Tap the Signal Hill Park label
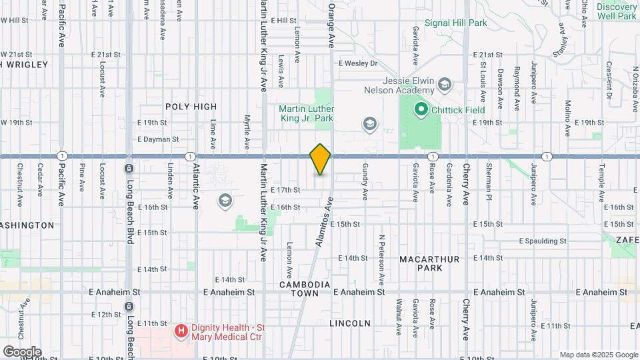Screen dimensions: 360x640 click(x=460, y=23)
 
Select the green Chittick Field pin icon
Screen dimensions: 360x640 click(x=421, y=109)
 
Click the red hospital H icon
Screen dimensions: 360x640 click(x=180, y=331)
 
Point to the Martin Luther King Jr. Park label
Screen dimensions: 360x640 click(x=306, y=113)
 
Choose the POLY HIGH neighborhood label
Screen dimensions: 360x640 click(x=191, y=107)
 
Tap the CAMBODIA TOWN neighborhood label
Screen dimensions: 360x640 click(x=305, y=289)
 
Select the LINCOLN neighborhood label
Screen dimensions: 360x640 click(x=350, y=323)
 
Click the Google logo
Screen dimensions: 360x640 click(x=22, y=351)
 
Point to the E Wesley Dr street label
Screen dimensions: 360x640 click(x=358, y=63)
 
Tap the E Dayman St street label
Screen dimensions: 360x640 click(x=158, y=139)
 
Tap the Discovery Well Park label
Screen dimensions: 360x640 click(x=617, y=11)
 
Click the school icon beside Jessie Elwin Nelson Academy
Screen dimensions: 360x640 click(x=445, y=85)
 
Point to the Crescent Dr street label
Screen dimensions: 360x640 click(x=609, y=79)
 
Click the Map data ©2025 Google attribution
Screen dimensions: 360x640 click(x=599, y=355)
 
